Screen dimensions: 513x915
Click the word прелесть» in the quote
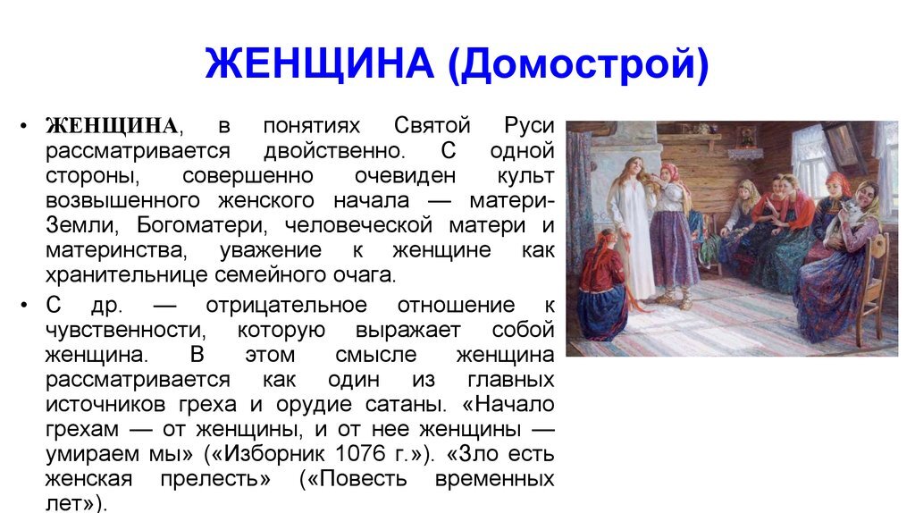point(214,479)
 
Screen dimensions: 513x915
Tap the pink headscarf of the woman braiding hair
point(670,171)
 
